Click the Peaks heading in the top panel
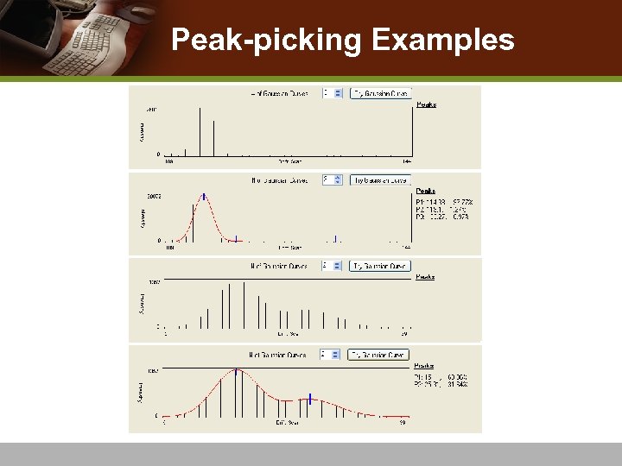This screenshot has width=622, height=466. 426,104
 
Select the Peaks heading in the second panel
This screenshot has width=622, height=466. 426,191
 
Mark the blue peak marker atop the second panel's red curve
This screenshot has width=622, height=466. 205,196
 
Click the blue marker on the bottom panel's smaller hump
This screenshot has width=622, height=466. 310,399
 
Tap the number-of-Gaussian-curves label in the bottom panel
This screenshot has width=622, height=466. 278,355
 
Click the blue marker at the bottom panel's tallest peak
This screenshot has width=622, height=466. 237,371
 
